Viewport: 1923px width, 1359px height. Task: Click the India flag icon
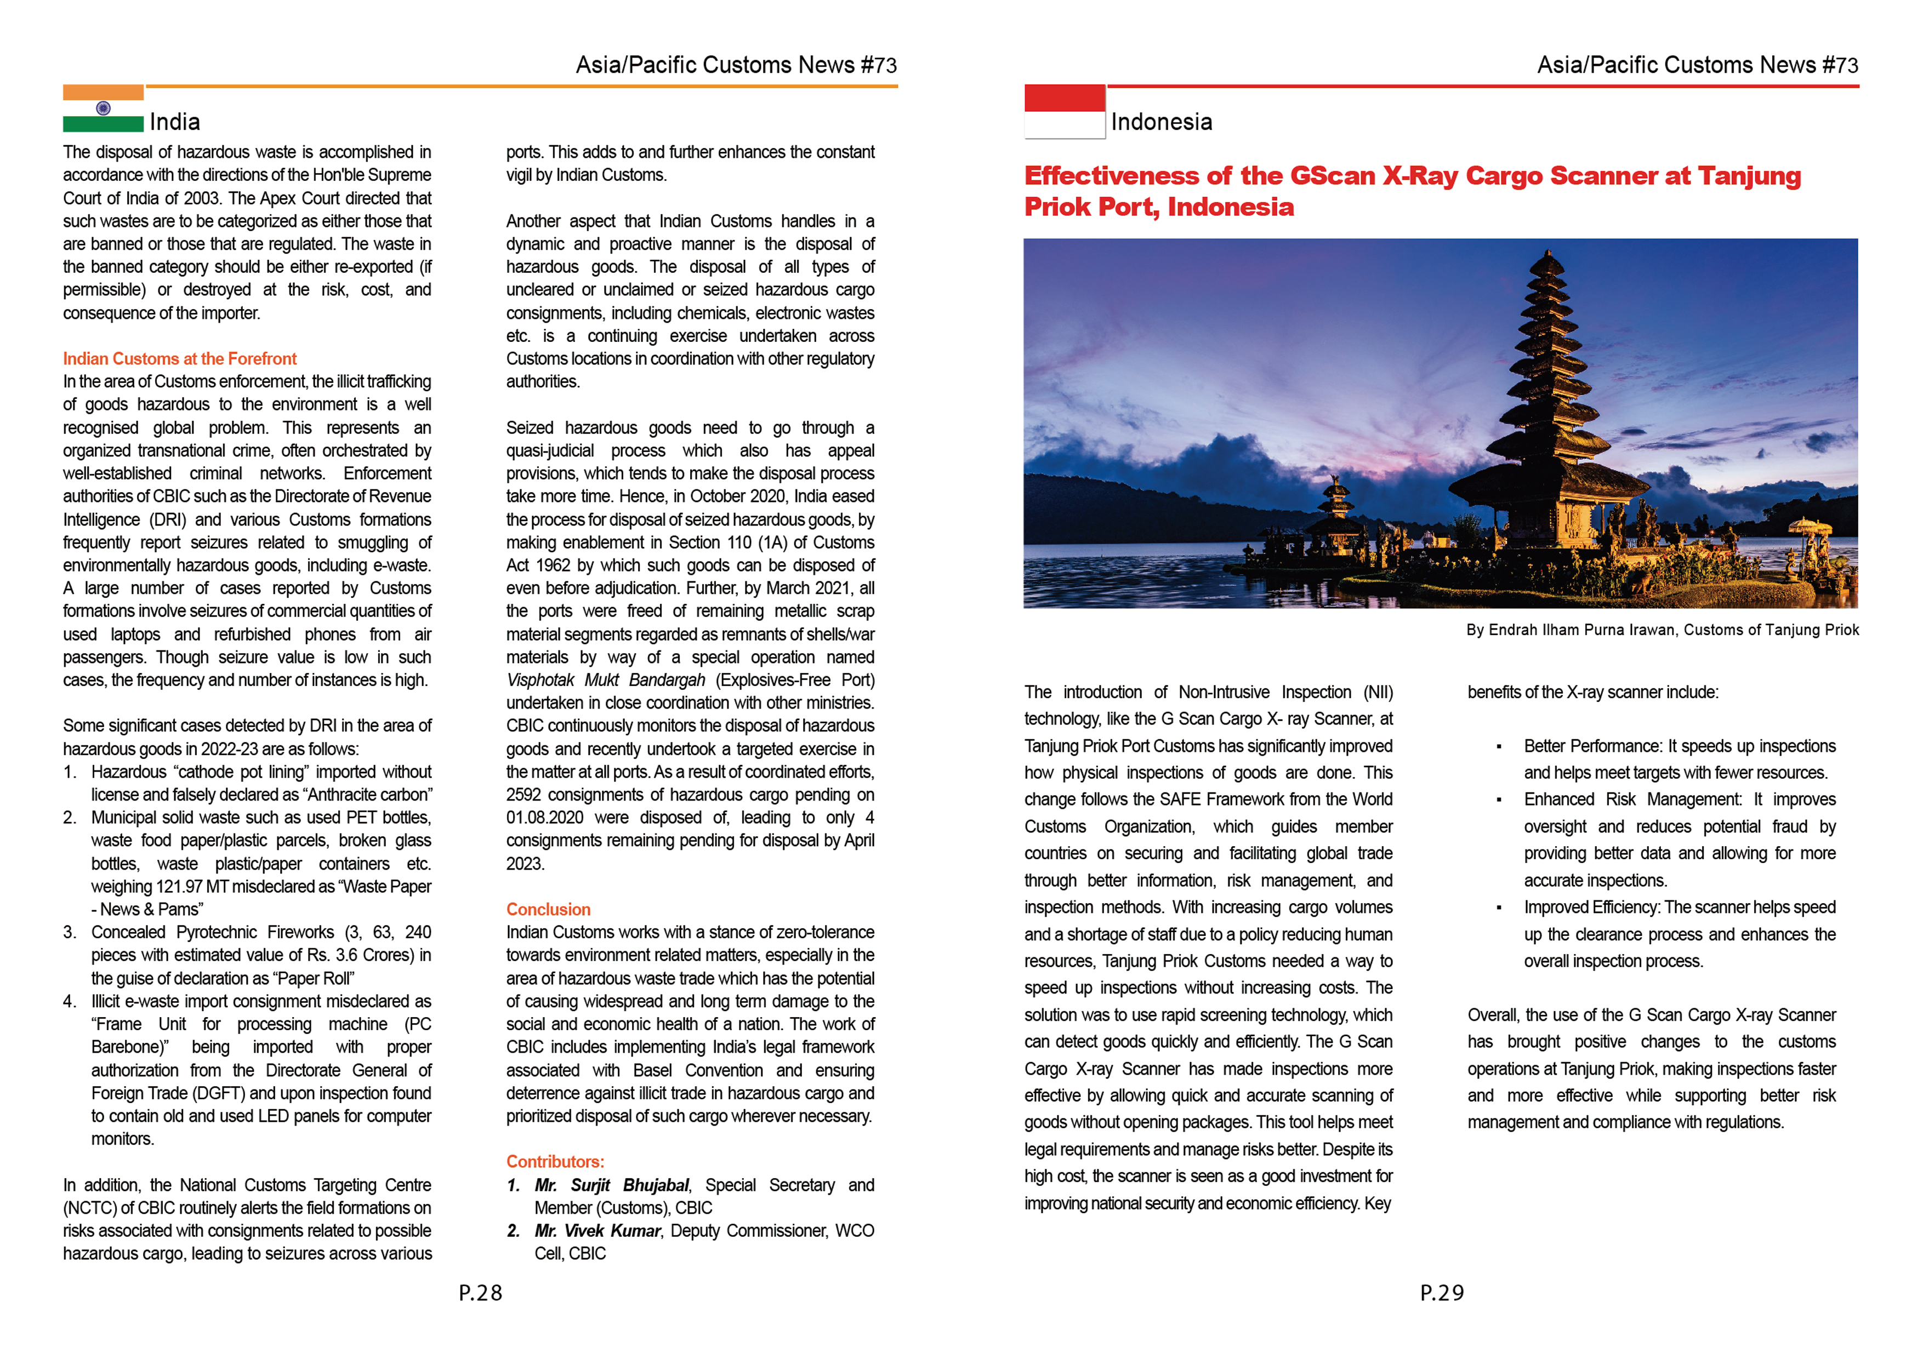(103, 109)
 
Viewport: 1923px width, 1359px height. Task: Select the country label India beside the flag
(174, 122)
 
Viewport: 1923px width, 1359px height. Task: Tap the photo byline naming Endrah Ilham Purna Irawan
(1662, 630)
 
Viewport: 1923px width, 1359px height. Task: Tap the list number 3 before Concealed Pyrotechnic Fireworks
(70, 932)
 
